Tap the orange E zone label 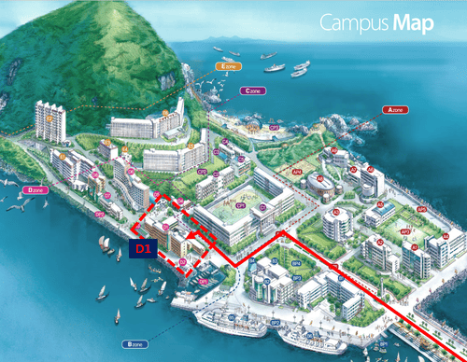(x=229, y=67)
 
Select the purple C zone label (x=252, y=90)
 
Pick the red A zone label (x=395, y=109)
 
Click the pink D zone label (x=37, y=188)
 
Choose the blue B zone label (x=131, y=344)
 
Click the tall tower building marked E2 (x=50, y=119)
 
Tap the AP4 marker (x=297, y=172)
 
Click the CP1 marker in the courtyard (x=240, y=204)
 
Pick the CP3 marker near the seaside (x=275, y=126)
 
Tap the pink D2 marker (x=165, y=226)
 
